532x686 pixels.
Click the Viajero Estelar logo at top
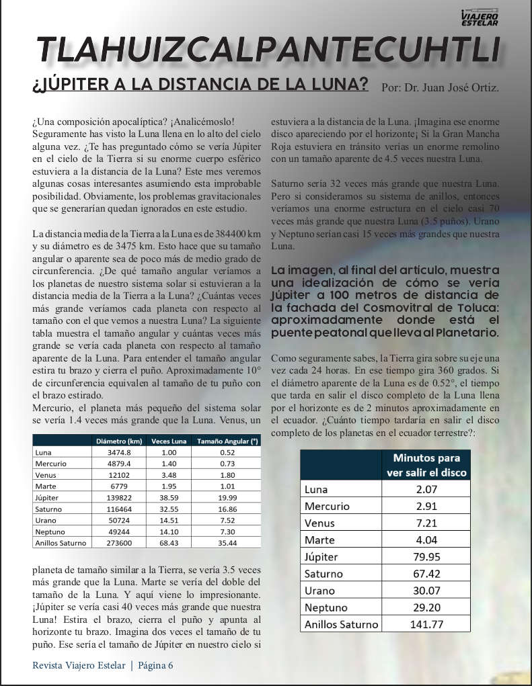tap(480, 17)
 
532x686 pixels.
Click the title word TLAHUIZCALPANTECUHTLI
tap(269, 50)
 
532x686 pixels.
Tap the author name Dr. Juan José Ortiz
tap(440, 88)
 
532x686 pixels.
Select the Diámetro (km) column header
tap(119, 441)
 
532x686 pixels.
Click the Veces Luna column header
tap(169, 441)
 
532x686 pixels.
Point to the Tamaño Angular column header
tap(227, 441)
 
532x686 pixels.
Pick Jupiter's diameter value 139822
tap(119, 498)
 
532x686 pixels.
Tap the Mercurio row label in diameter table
tap(51, 464)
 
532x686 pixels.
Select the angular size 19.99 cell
tap(227, 498)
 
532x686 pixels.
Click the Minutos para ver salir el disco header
tap(426, 465)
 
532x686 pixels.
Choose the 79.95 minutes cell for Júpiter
tap(426, 557)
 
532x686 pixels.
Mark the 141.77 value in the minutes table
tap(426, 624)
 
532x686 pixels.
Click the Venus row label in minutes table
tap(319, 523)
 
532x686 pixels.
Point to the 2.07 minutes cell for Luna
tap(426, 490)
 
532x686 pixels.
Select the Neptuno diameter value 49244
tap(119, 531)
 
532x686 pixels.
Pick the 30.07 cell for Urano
tap(426, 591)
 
